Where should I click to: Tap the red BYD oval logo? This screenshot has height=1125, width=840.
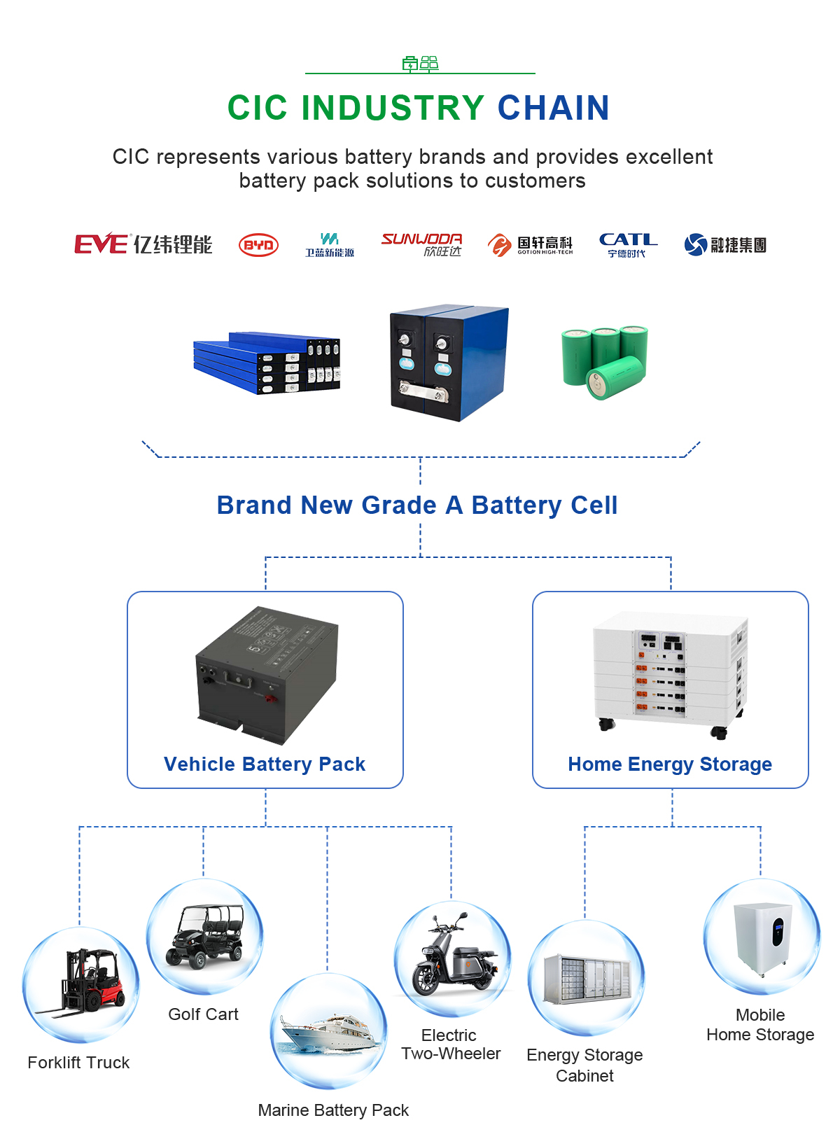click(258, 245)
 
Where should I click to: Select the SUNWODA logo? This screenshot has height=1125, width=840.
click(421, 244)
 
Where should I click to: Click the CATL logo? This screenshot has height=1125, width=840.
click(628, 244)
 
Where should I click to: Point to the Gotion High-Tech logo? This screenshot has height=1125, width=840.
click(530, 245)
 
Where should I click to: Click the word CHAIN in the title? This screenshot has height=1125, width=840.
click(553, 108)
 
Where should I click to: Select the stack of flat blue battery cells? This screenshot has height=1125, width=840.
click(267, 363)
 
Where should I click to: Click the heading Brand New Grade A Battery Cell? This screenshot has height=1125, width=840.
click(417, 505)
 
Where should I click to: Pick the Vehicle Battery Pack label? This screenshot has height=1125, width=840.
click(265, 764)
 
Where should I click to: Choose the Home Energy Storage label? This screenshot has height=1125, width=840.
click(670, 764)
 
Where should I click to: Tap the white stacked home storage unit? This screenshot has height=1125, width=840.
click(670, 672)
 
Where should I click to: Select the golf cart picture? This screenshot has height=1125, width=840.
click(205, 937)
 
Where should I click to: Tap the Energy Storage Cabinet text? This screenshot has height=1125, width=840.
click(584, 1065)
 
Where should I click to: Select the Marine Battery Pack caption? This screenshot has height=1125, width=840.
click(333, 1110)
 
